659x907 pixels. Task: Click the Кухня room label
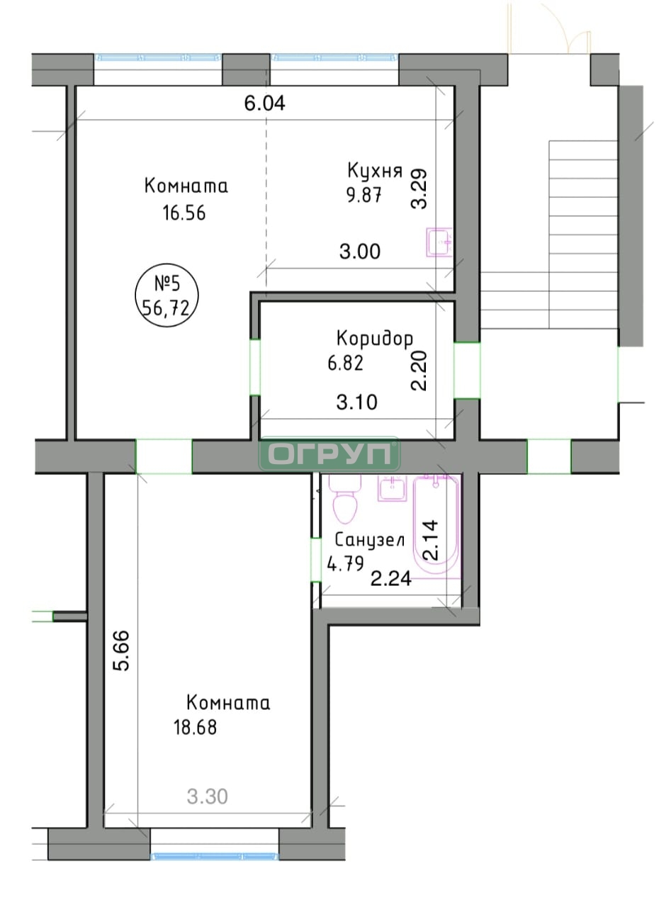coord(374,171)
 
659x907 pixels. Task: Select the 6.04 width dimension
coord(265,103)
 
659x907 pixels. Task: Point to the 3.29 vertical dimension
coord(419,188)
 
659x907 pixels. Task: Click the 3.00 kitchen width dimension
coord(360,252)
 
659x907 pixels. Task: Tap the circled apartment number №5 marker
coord(167,295)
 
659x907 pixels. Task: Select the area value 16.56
coord(184,213)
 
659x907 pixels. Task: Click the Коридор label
coord(374,339)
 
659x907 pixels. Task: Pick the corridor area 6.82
coord(345,363)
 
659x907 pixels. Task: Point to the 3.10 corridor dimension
coord(356,402)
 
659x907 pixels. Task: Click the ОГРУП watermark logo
coord(329,453)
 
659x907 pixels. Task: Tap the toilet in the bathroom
coord(345,498)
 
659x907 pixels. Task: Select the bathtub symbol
coord(436,525)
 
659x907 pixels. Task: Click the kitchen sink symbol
coord(439,242)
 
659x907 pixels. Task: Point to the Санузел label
coord(370,540)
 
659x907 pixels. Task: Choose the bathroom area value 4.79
coord(345,563)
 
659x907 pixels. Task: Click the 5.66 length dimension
coord(121,650)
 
